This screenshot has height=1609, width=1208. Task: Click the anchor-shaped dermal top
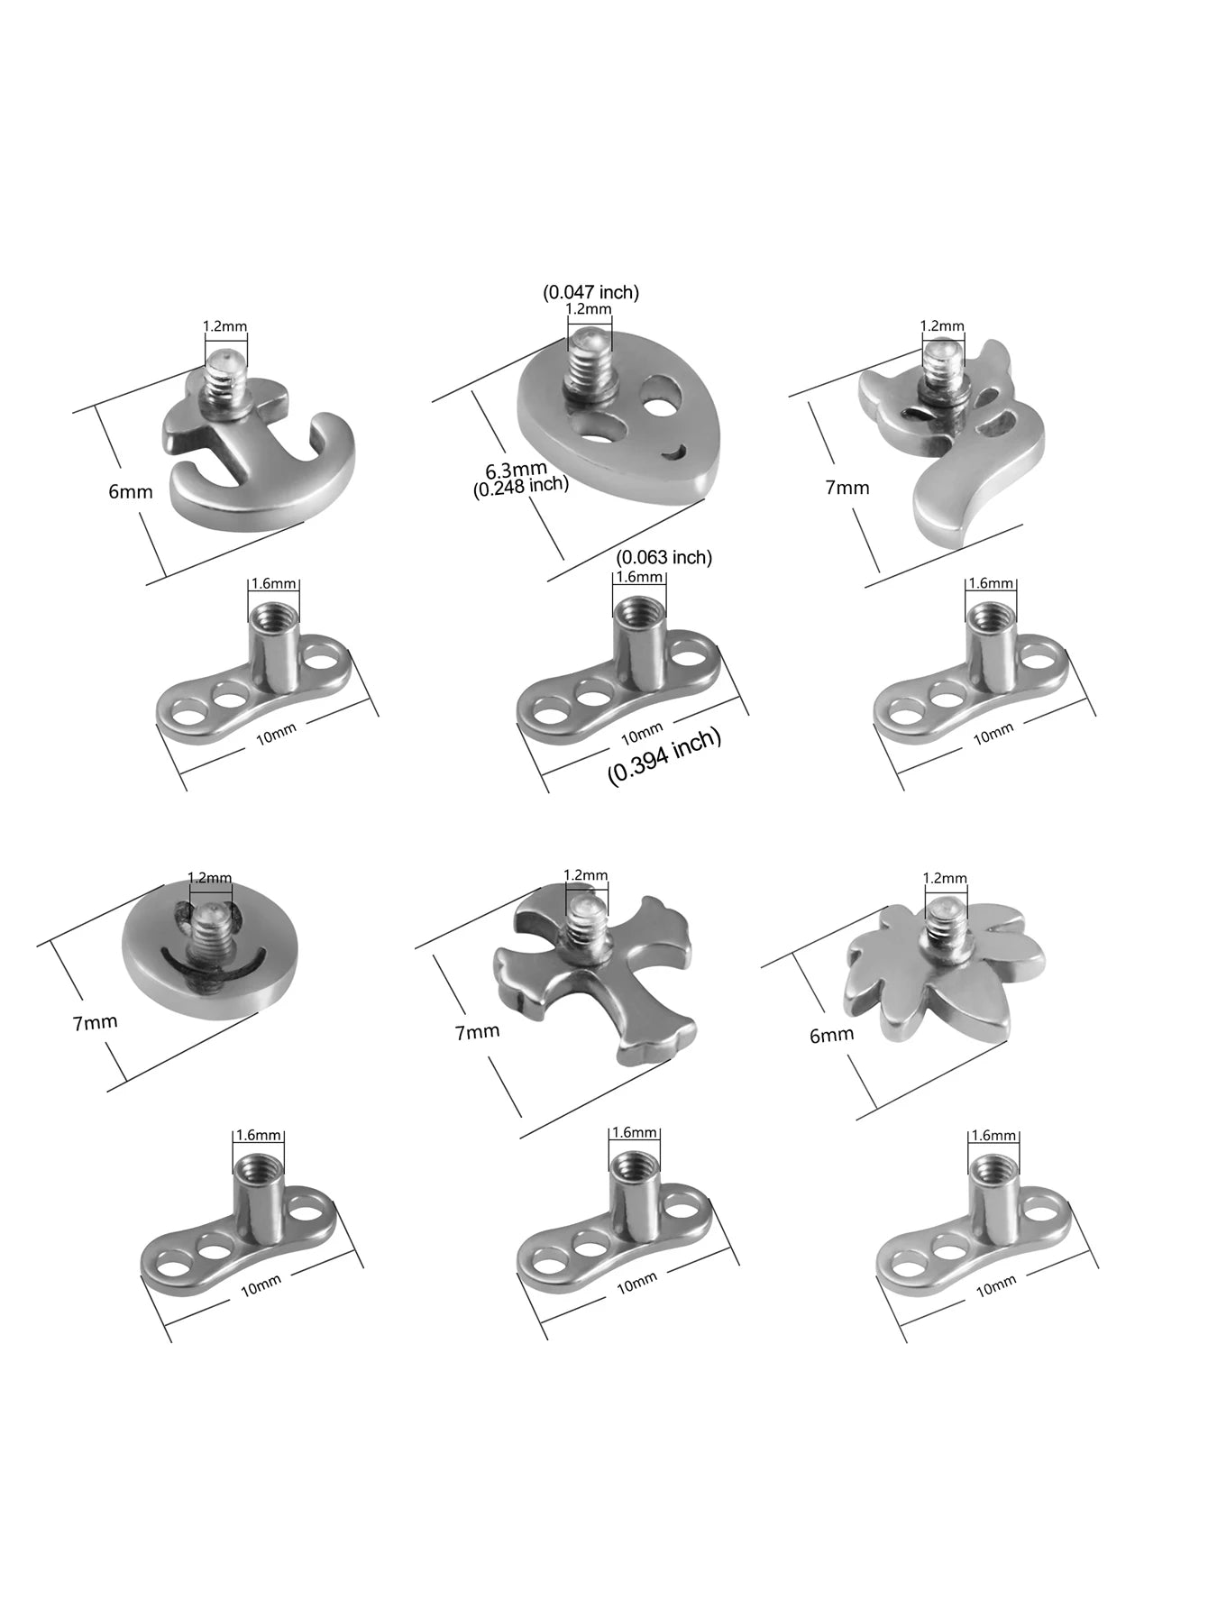[x=257, y=451]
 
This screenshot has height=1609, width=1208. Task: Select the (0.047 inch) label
[x=590, y=292]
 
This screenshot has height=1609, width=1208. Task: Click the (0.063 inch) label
[x=664, y=558]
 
